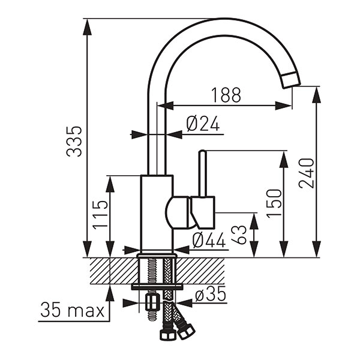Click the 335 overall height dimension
(74, 141)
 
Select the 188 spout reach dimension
(226, 95)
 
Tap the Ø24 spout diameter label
(203, 124)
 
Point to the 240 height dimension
(307, 173)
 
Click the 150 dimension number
(274, 203)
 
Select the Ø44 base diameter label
(208, 240)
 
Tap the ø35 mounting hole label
(209, 295)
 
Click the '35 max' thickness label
(72, 311)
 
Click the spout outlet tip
(290, 80)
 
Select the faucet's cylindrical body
(156, 213)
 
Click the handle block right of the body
(203, 211)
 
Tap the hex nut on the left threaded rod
(151, 301)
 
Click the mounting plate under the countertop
(157, 287)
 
